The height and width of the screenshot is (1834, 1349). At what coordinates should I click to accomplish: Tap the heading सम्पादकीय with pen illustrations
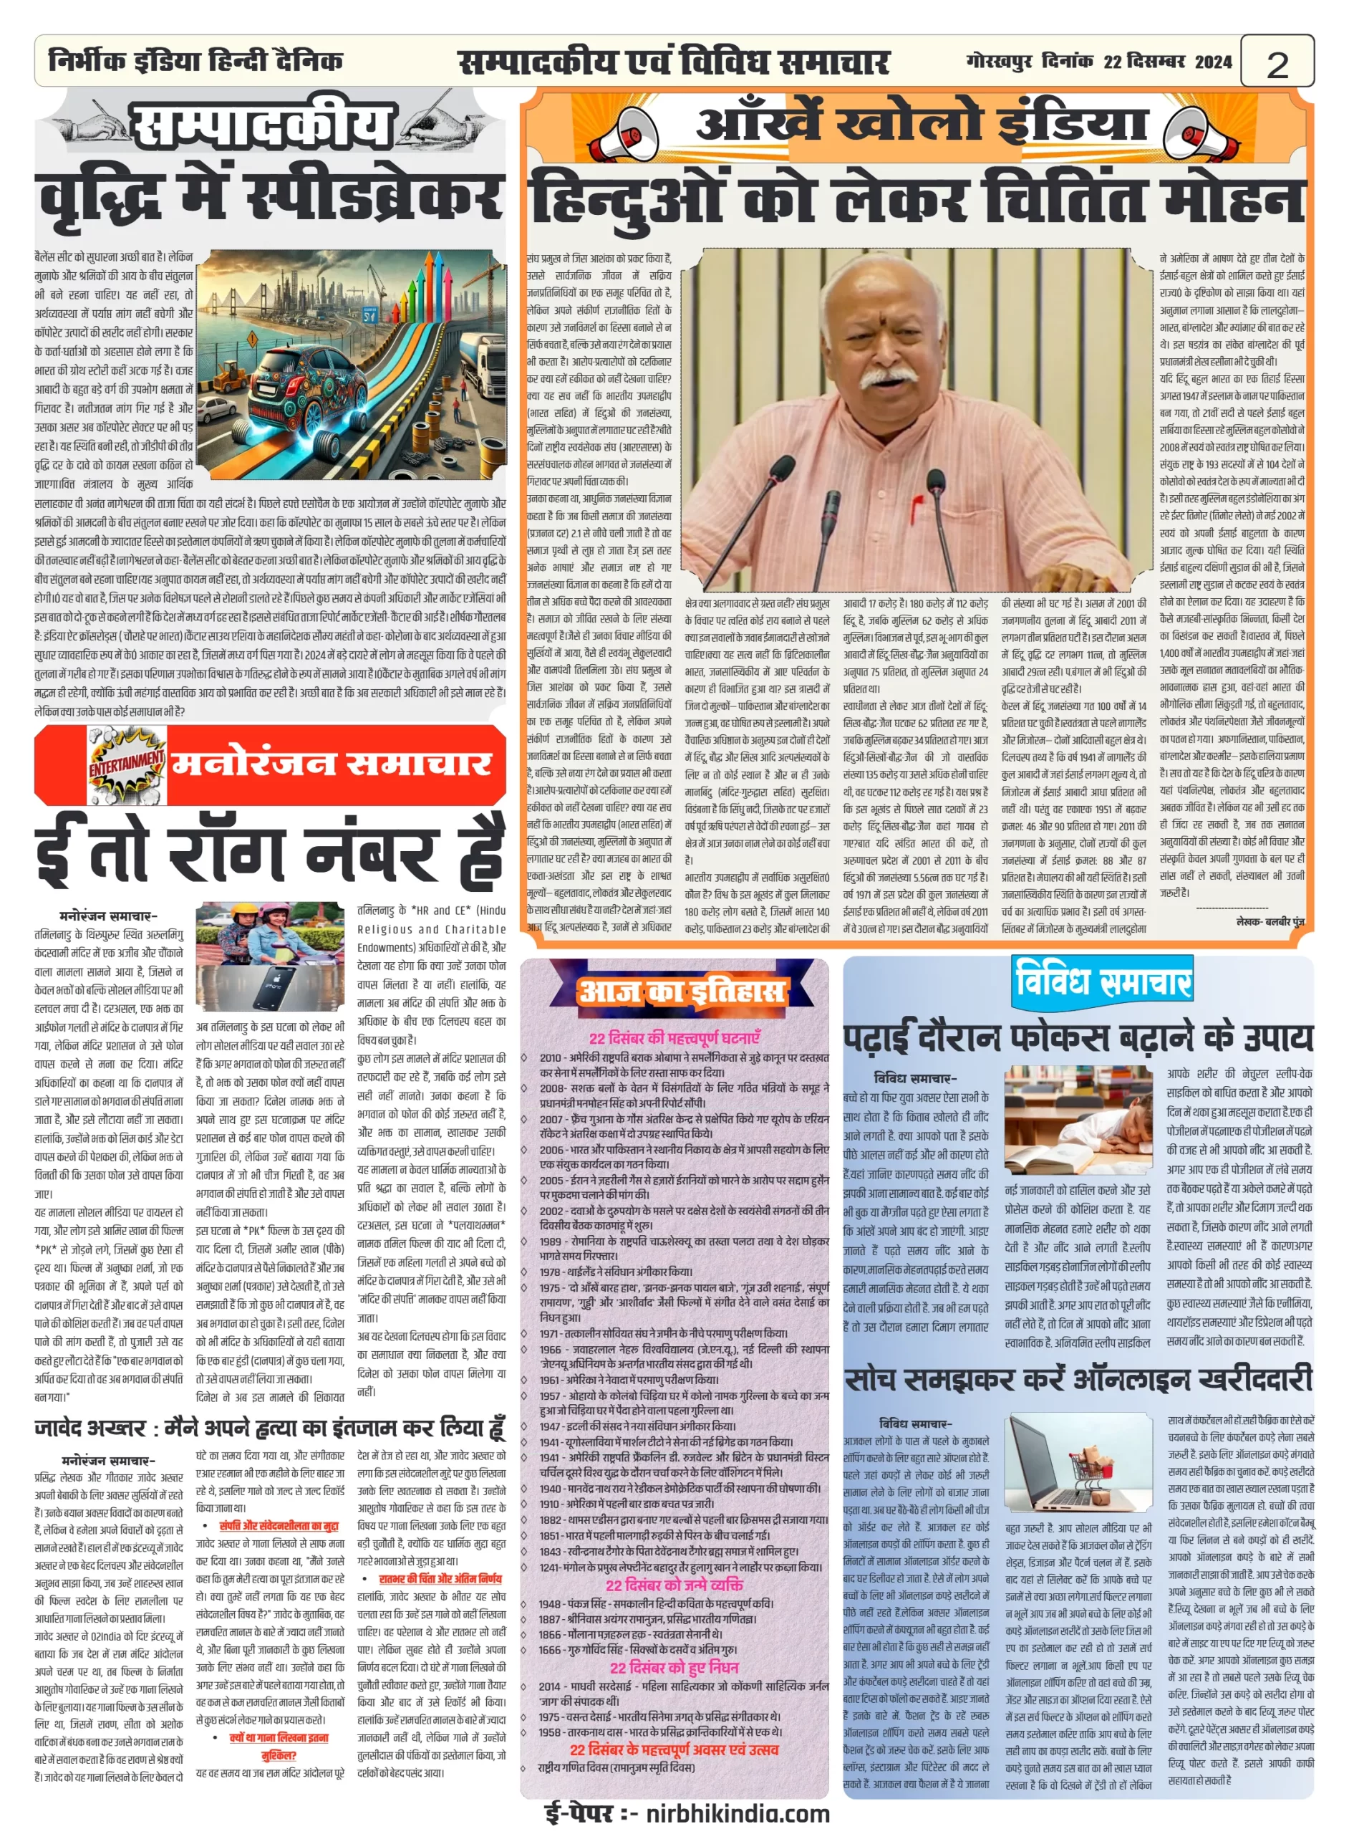[260, 127]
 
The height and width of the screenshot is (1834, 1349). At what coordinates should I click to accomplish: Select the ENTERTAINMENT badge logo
[127, 764]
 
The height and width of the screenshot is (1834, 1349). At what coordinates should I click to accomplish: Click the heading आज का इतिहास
[681, 991]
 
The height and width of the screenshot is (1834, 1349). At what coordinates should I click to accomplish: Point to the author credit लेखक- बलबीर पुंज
[1270, 921]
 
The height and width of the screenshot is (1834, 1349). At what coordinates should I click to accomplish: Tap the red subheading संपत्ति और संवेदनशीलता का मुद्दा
[279, 1525]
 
